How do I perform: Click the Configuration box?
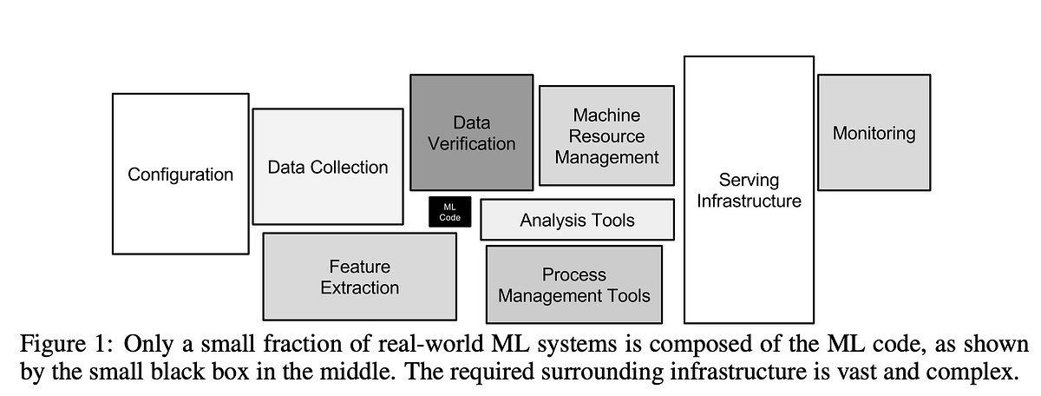click(180, 174)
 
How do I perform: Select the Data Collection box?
click(327, 167)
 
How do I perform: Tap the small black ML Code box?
click(449, 212)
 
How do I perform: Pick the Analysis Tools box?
click(577, 221)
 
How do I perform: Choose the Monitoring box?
click(874, 133)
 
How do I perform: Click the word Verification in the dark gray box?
click(471, 144)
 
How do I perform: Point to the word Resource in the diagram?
click(606, 136)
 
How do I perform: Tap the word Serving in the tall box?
click(748, 180)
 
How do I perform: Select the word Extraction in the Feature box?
click(359, 287)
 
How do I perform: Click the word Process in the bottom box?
click(573, 274)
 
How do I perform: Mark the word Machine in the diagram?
click(606, 115)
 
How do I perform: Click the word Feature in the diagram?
click(359, 267)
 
